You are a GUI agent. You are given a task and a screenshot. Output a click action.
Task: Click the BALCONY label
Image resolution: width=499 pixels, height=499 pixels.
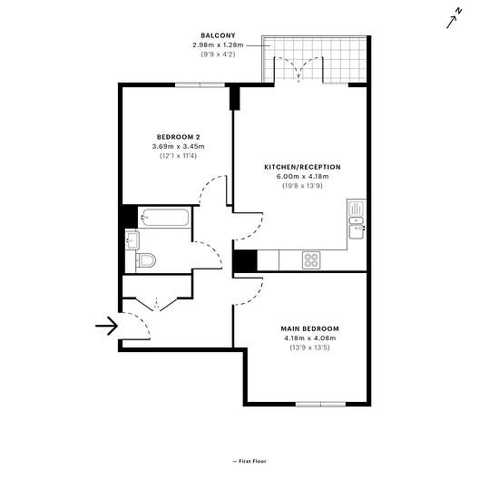pos(218,35)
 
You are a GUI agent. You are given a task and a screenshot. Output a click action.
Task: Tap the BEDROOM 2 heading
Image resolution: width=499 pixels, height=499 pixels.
pos(179,137)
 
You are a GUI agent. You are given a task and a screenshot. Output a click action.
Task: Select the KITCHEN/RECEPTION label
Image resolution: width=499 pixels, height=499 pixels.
pos(302,167)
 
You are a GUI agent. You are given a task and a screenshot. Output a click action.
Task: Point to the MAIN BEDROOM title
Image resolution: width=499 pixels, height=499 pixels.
pos(309,328)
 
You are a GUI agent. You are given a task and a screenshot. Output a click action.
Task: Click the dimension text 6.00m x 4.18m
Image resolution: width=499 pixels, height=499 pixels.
pos(303,176)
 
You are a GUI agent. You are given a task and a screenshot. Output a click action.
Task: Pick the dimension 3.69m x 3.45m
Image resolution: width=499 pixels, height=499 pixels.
pos(178,146)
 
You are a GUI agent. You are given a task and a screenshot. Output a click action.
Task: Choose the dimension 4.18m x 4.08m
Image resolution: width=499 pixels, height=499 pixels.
pos(310,338)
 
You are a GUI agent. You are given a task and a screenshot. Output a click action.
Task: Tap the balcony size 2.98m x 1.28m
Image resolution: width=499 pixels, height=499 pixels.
pos(218,44)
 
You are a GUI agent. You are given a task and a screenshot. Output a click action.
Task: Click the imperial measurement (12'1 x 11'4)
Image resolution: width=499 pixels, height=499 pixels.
pos(178,156)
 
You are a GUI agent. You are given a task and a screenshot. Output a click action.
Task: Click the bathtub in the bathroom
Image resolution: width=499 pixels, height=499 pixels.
pos(165,218)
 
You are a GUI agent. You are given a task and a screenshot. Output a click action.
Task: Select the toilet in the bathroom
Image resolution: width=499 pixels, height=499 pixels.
pos(146,260)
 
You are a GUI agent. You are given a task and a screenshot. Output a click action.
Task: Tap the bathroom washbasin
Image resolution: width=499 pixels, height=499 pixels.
pos(132,240)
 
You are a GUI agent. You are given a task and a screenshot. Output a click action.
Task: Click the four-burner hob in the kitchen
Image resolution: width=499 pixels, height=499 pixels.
pos(311,260)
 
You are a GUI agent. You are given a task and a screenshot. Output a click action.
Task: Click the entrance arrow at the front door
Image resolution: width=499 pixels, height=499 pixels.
pos(107,326)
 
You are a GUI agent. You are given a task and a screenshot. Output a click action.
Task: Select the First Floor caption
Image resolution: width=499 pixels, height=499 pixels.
pos(249,461)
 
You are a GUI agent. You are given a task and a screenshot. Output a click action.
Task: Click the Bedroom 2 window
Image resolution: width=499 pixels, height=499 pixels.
pos(200,84)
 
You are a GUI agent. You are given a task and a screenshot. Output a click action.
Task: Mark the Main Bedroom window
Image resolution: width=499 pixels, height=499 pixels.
pos(320,404)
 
